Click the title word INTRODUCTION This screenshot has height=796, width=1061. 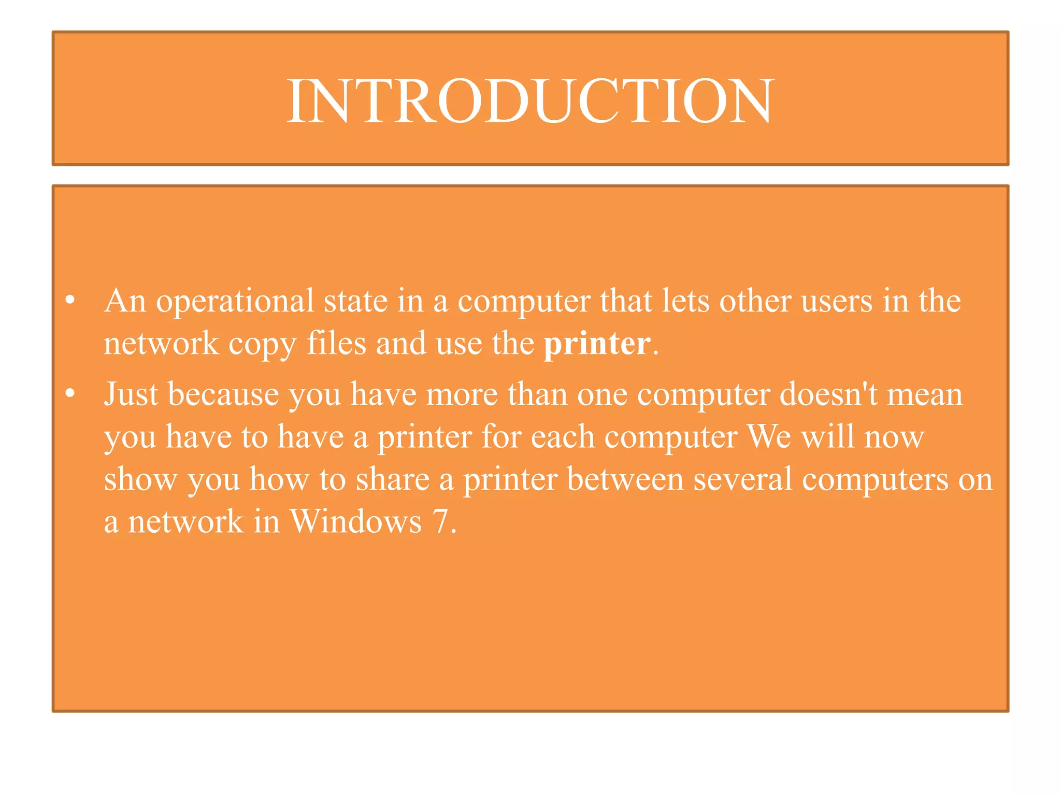[530, 101]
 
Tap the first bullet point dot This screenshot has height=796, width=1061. [71, 300]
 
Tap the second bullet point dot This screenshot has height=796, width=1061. [71, 394]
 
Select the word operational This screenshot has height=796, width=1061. [235, 302]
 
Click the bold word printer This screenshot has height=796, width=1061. [597, 344]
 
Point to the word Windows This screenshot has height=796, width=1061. [355, 521]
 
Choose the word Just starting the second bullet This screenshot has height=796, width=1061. [131, 394]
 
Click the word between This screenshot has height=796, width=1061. [625, 479]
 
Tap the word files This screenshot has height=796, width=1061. [337, 344]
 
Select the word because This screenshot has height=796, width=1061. [223, 394]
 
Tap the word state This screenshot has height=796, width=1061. [355, 302]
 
